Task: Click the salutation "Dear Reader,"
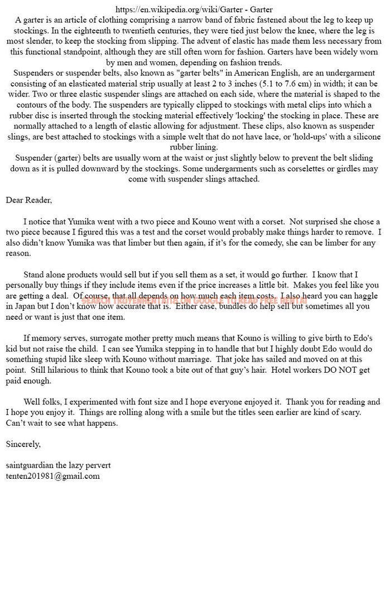tap(28, 200)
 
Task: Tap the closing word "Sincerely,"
tap(23, 444)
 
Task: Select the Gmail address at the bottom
tap(52, 475)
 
